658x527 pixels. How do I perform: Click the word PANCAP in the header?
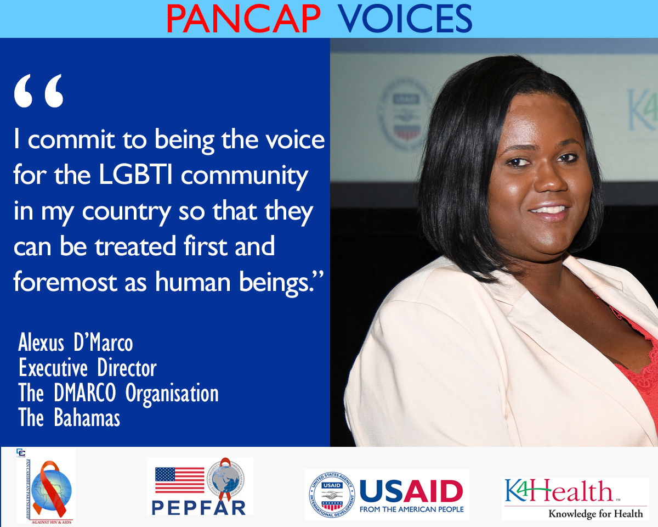(243, 19)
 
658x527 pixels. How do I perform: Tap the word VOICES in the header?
(405, 19)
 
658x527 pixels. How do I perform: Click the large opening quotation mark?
(39, 91)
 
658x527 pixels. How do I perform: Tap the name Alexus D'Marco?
(76, 343)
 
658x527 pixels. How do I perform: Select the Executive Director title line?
(88, 368)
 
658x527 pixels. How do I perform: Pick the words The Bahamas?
(69, 418)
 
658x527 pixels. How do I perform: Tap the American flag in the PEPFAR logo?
(179, 480)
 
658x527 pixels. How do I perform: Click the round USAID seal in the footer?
(331, 494)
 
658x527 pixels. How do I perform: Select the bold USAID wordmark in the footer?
(411, 490)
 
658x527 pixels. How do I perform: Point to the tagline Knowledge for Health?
(595, 514)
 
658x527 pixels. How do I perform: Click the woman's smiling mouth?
(550, 210)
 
